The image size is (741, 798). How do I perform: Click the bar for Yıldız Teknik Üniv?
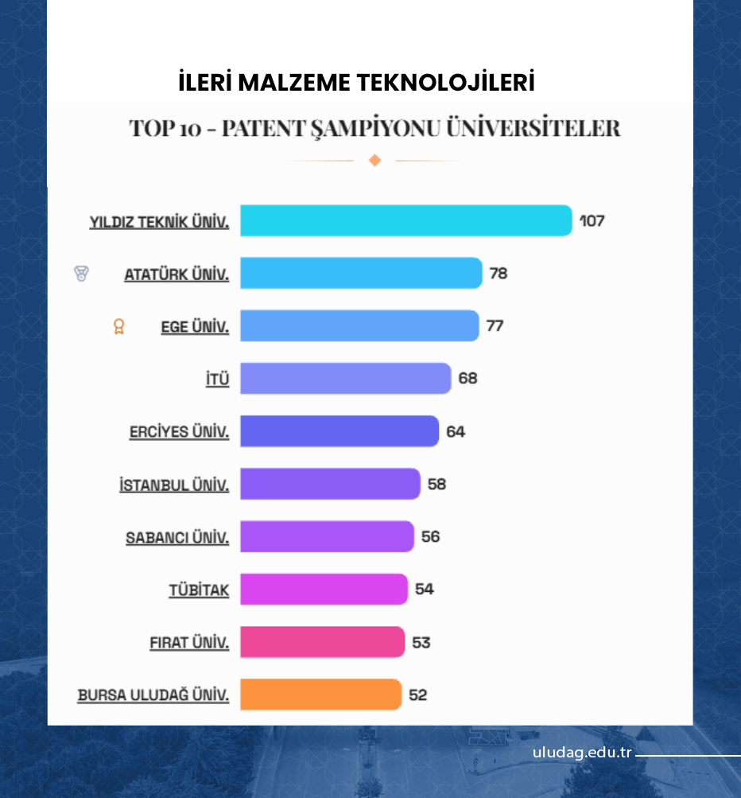405,220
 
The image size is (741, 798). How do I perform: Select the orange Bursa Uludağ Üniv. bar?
320,695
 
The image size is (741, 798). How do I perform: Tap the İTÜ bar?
345,378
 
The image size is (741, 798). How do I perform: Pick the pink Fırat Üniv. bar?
322,642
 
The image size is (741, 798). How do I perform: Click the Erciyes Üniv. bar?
339,431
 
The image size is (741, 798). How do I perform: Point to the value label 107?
592,220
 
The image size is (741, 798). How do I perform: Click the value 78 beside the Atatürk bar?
499,274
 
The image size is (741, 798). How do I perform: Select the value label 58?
436,484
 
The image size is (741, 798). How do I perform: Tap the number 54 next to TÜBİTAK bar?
425,590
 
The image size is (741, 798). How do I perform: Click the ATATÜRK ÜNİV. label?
177,274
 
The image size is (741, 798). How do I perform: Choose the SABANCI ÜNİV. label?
177,538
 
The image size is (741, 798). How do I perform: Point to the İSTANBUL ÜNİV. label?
174,485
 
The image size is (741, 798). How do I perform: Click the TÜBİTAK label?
199,590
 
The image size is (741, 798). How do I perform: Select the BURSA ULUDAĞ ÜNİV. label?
153,695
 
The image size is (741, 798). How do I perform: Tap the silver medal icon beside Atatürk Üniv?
81,274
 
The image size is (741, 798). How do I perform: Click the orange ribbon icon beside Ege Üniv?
119,326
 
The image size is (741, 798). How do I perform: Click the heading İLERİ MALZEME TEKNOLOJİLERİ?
356,83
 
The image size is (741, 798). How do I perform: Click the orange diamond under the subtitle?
375,161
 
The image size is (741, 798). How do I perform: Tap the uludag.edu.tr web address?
582,753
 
